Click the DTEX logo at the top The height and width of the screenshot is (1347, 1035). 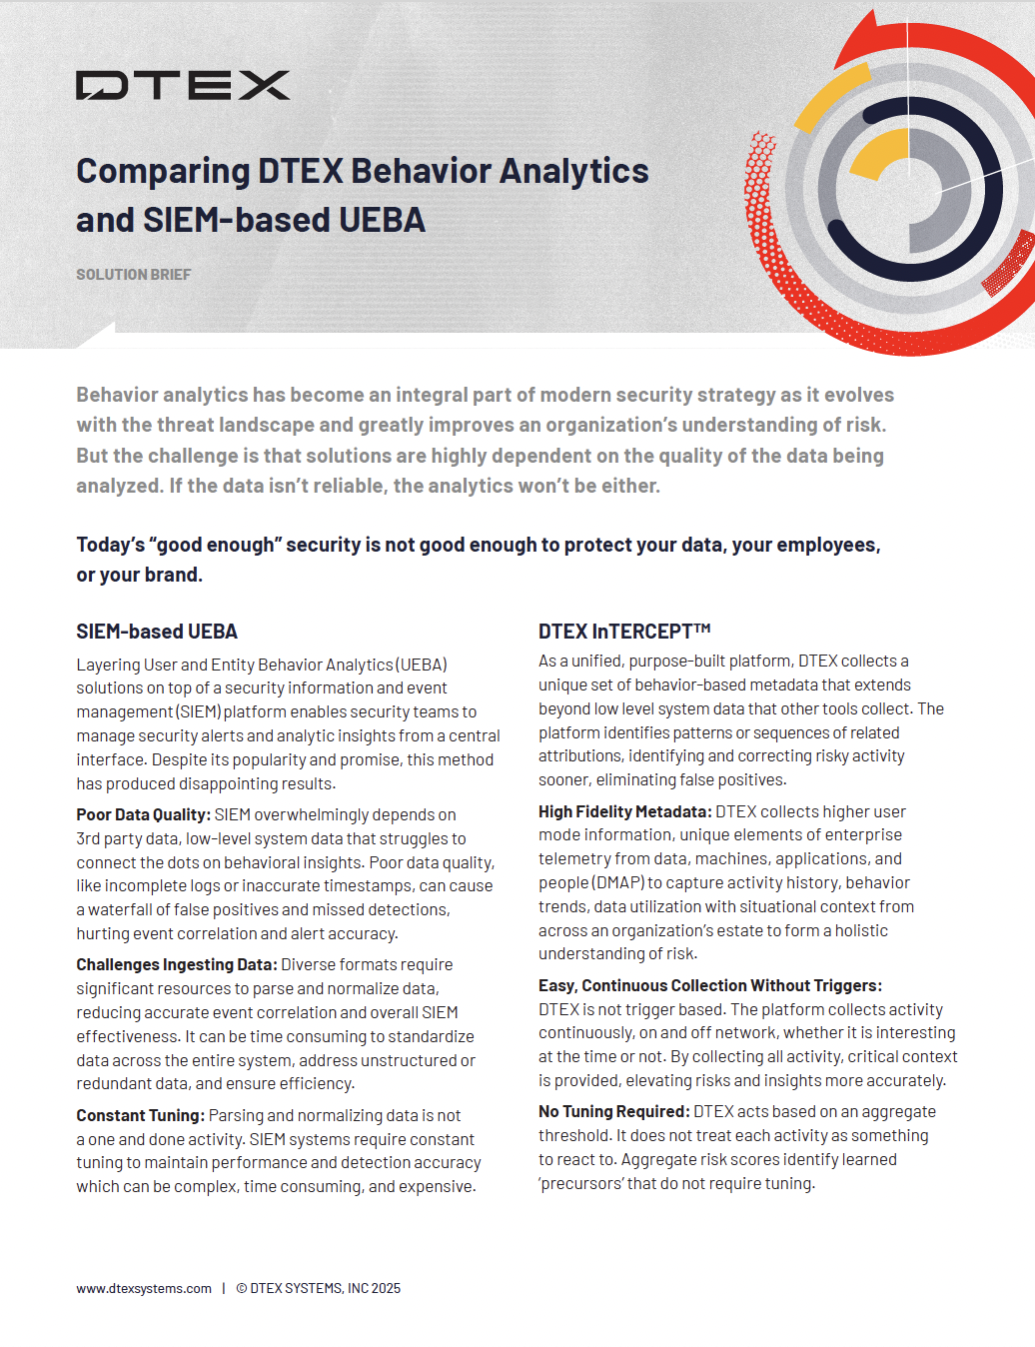tap(183, 86)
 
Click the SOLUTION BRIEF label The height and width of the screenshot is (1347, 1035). tap(133, 275)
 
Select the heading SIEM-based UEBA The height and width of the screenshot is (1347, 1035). tap(157, 632)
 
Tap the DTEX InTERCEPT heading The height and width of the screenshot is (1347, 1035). tap(623, 632)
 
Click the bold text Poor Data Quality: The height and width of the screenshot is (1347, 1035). tap(143, 815)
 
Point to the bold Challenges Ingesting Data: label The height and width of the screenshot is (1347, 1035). tap(176, 965)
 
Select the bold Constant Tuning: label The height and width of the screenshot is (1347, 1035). tap(140, 1116)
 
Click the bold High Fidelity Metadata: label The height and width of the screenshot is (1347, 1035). tap(624, 812)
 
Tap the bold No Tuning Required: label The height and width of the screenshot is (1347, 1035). tap(613, 1112)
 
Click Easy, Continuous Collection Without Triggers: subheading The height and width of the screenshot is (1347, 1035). tap(709, 986)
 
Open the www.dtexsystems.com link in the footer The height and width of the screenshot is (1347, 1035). tap(144, 1289)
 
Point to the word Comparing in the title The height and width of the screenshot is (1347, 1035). tap(163, 172)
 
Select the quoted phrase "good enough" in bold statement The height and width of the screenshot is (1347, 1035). tap(215, 546)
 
